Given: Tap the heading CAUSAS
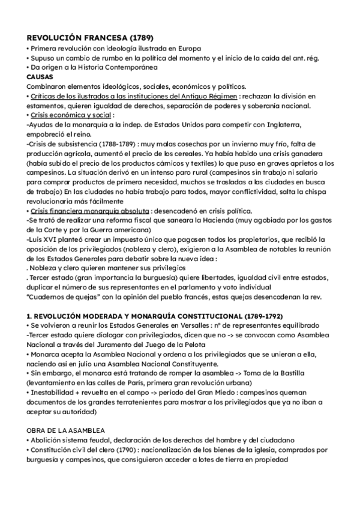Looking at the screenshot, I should click(x=40, y=77).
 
